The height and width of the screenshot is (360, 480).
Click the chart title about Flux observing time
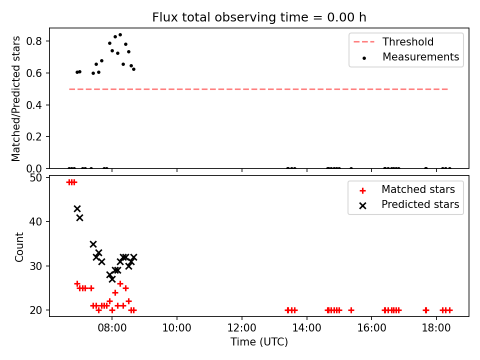(x=259, y=17)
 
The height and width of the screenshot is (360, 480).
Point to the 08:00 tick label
(x=112, y=328)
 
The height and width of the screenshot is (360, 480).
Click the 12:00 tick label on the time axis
(x=242, y=328)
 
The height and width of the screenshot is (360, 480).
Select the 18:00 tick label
(x=436, y=328)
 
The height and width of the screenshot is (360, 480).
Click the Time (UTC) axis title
(x=259, y=341)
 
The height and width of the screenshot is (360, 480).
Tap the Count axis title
(x=19, y=246)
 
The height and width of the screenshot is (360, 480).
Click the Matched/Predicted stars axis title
(x=15, y=98)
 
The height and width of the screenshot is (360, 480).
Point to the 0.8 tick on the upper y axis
(x=34, y=41)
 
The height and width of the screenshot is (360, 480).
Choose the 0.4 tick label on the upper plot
(x=34, y=105)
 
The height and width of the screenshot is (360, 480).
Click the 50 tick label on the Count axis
(x=35, y=177)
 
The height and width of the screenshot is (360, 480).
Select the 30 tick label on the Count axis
(x=35, y=265)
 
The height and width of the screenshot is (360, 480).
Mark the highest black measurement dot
(x=120, y=35)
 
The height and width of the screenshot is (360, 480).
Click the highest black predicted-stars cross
(x=77, y=209)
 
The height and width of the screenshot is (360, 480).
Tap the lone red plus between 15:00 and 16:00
(x=351, y=310)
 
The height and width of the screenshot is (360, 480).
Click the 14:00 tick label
(x=306, y=328)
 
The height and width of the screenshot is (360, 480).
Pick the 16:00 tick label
(x=371, y=328)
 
